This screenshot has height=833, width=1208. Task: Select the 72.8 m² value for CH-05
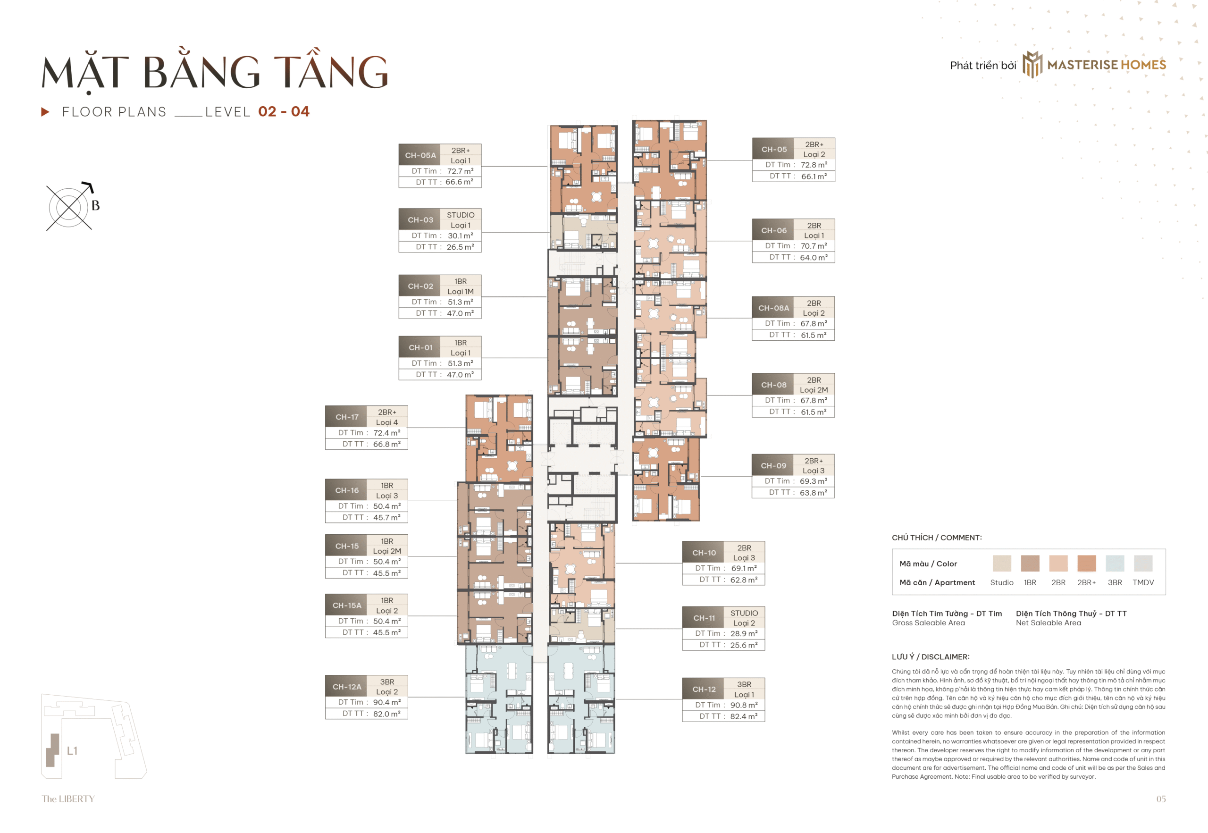pos(814,165)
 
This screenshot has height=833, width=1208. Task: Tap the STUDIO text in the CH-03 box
pos(460,215)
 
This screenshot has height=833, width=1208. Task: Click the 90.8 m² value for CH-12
pos(744,705)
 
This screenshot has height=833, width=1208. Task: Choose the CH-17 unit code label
pos(346,417)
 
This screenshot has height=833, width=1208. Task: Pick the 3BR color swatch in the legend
pos(1114,564)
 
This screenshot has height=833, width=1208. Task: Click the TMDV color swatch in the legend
pos(1143,564)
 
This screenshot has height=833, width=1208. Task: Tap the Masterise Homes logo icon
pos(1032,65)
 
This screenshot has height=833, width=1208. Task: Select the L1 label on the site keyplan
pos(72,750)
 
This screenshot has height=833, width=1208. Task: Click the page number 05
pos(1160,799)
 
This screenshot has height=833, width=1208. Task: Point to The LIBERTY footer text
pos(68,799)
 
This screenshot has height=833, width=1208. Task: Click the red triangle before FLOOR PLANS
pos(45,112)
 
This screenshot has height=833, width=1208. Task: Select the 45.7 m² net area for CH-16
pos(386,518)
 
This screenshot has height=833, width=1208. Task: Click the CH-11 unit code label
pos(704,618)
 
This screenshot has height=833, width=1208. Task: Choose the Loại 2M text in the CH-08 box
pos(814,390)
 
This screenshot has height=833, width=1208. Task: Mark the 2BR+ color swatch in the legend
pos(1086,564)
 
